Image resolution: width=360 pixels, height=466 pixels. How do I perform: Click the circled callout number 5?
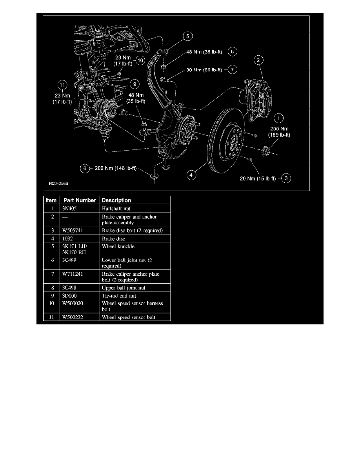point(187,36)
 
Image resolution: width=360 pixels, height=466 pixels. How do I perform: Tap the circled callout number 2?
point(258,60)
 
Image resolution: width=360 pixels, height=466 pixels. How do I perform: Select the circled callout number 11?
point(62,85)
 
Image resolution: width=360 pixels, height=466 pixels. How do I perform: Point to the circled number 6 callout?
point(85,169)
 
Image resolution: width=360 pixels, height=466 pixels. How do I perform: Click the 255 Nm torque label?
point(279,129)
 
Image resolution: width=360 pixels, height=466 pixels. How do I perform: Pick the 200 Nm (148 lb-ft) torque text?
point(116,168)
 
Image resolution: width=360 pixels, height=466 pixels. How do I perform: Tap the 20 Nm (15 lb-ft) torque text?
point(258,178)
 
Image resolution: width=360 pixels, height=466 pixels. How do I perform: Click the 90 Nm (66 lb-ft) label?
point(204,70)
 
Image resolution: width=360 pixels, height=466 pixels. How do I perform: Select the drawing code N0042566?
point(58,183)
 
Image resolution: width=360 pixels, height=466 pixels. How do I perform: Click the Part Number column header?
point(80,200)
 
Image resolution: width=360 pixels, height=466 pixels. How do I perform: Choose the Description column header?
point(116,200)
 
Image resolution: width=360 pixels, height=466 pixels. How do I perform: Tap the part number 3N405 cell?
point(69,208)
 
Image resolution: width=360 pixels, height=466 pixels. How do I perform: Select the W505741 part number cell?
point(73,230)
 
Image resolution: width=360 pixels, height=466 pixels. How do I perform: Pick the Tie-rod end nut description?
point(119,296)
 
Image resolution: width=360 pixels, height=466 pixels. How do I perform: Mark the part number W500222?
point(73,317)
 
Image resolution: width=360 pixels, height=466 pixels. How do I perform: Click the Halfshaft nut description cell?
point(116,208)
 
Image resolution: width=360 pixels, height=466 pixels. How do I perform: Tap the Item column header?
point(51,200)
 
